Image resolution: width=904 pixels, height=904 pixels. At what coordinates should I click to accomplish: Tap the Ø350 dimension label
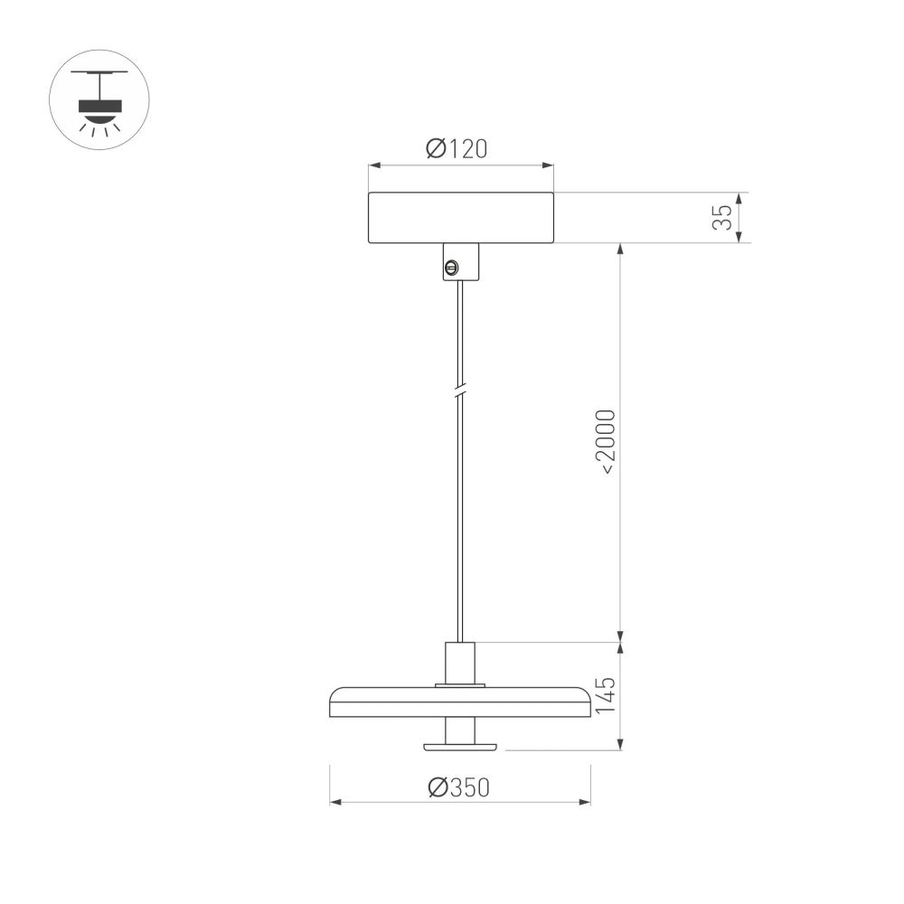[458, 788]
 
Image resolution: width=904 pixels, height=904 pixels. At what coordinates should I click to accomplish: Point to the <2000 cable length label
[607, 442]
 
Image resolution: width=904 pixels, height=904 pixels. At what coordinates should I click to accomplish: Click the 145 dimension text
[607, 695]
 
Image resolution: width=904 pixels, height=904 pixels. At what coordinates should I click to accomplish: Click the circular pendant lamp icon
[99, 99]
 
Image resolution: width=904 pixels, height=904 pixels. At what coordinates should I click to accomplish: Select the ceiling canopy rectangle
[461, 218]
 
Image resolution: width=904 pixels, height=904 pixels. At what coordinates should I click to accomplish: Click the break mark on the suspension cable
[461, 392]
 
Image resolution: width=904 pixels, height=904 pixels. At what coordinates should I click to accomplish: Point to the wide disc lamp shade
[460, 702]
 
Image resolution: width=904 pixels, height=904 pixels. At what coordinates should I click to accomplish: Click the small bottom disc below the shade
[460, 746]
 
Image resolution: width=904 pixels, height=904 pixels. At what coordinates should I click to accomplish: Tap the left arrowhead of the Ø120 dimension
[372, 165]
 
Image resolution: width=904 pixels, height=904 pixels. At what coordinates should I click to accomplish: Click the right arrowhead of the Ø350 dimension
[586, 802]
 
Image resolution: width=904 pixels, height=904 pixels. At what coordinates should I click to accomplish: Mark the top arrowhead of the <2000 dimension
[620, 248]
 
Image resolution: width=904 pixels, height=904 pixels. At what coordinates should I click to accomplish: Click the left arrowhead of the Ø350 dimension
[334, 802]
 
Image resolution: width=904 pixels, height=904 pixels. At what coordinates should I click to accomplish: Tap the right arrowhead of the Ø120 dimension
[549, 165]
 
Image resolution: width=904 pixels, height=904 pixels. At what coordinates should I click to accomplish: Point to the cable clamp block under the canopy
[461, 262]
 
